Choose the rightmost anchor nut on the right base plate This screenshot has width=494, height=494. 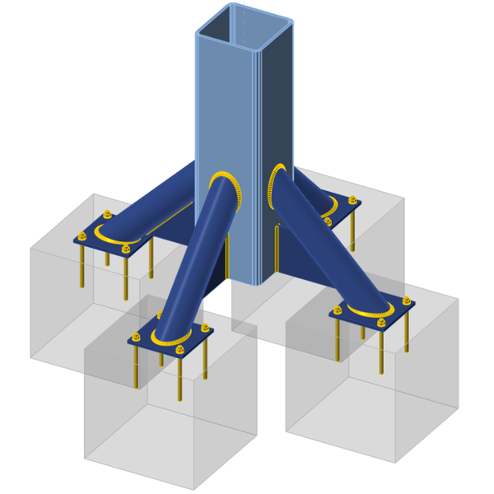[407, 301]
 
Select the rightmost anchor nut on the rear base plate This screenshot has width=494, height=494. [353, 200]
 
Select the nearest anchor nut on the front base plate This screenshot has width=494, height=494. [180, 350]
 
